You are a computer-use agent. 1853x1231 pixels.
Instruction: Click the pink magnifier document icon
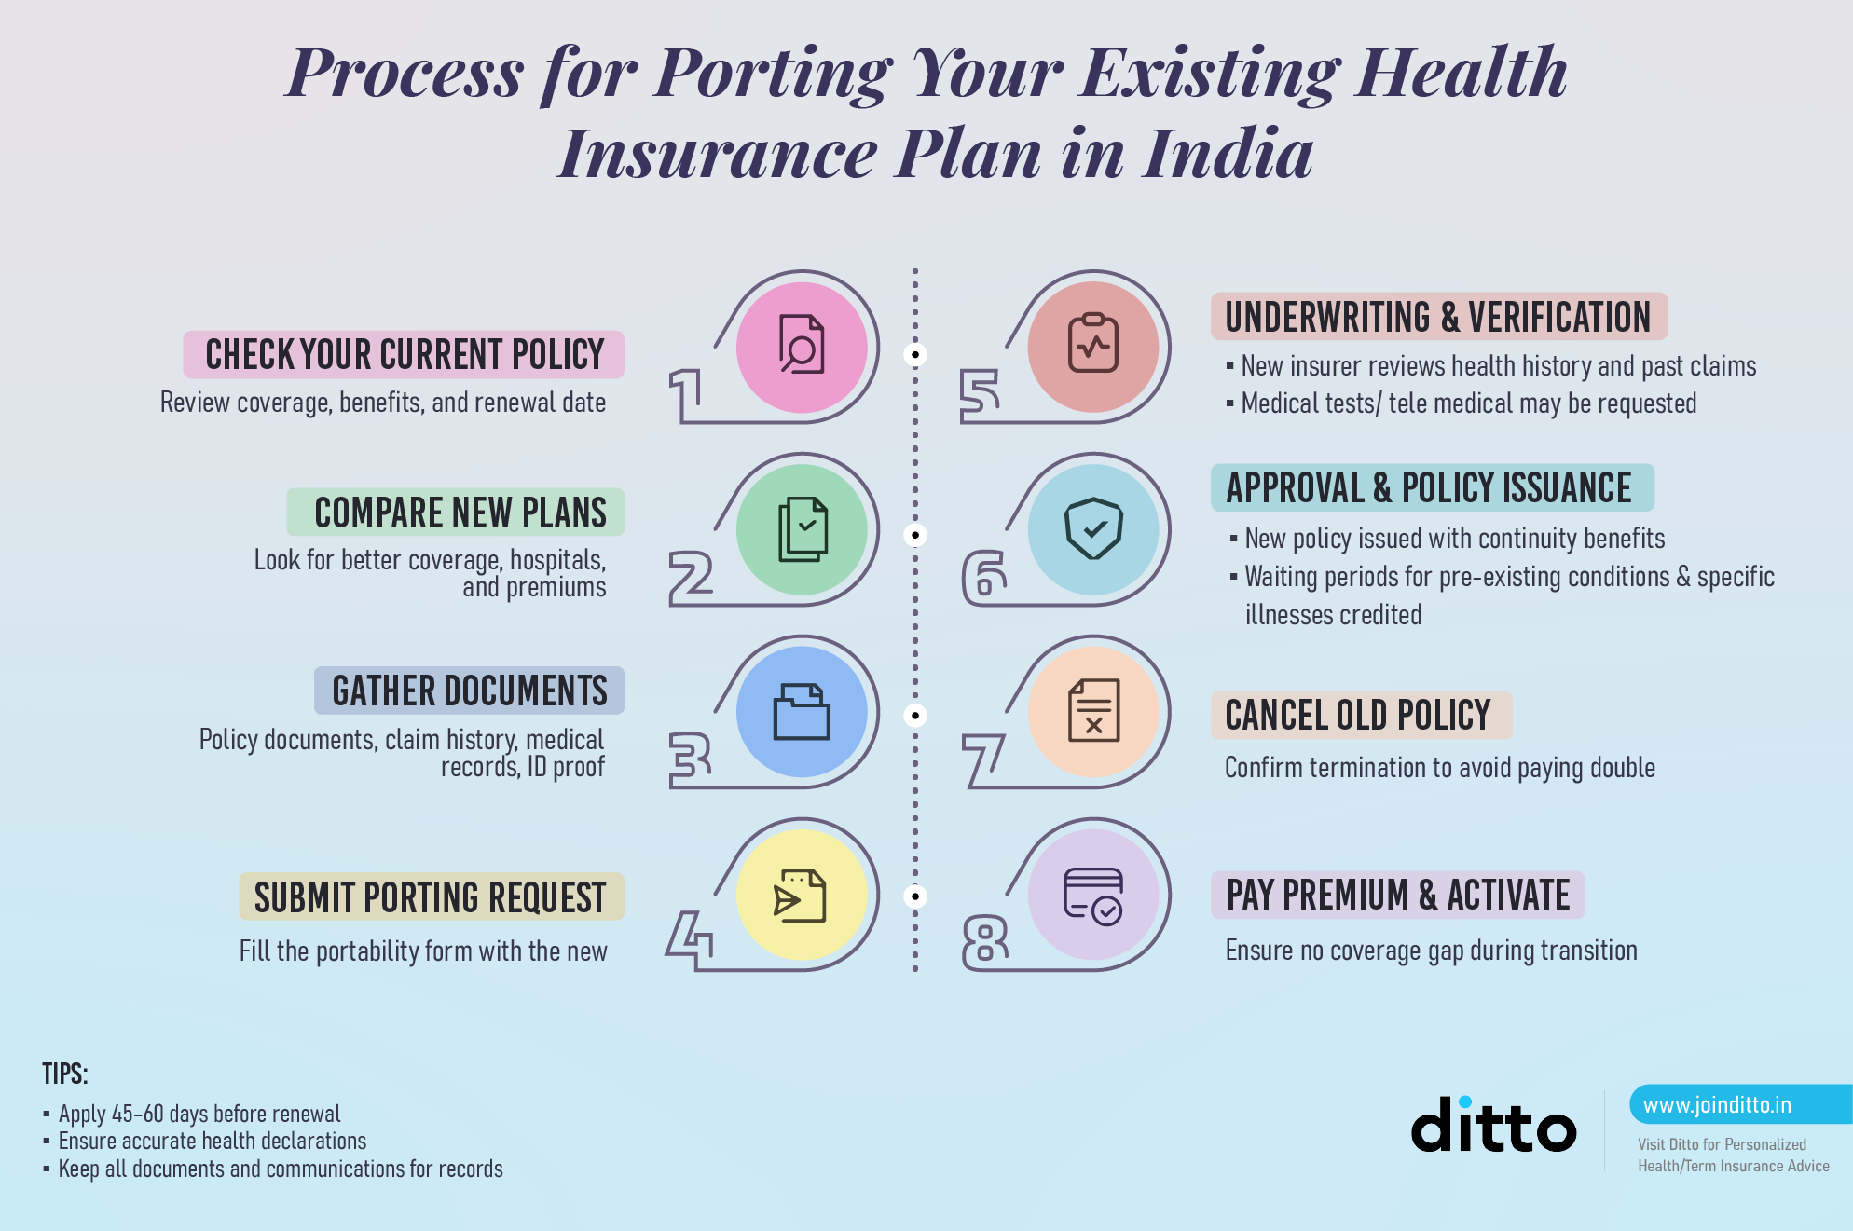pyautogui.click(x=802, y=345)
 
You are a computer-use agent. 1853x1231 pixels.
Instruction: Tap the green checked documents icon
pyautogui.click(x=803, y=528)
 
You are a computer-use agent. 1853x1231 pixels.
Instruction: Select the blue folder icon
pyautogui.click(x=802, y=712)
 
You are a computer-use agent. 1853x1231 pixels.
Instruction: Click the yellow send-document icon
pyautogui.click(x=800, y=896)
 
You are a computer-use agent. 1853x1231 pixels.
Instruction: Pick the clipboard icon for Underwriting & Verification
pyautogui.click(x=1093, y=343)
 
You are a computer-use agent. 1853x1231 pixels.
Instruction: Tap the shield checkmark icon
pyautogui.click(x=1094, y=528)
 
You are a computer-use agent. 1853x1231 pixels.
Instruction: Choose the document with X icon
pyautogui.click(x=1094, y=711)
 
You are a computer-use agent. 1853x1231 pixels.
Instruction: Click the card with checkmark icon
pyautogui.click(x=1094, y=896)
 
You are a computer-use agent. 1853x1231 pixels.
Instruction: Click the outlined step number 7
pyautogui.click(x=983, y=760)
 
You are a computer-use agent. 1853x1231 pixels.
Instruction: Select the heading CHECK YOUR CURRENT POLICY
pyautogui.click(x=405, y=355)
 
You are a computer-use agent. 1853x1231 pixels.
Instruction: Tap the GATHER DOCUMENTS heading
pyautogui.click(x=470, y=691)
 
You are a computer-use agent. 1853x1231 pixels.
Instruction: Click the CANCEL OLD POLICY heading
pyautogui.click(x=1358, y=716)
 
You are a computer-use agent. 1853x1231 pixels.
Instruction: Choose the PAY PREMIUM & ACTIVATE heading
pyautogui.click(x=1398, y=896)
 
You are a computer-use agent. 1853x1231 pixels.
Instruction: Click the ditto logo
pyautogui.click(x=1493, y=1125)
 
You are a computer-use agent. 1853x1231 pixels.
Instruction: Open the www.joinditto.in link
pyautogui.click(x=1717, y=1105)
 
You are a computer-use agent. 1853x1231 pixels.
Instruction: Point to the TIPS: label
pyautogui.click(x=65, y=1074)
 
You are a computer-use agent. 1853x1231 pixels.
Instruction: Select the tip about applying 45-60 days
pyautogui.click(x=199, y=1114)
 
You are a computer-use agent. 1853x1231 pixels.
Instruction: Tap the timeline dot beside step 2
pyautogui.click(x=915, y=535)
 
